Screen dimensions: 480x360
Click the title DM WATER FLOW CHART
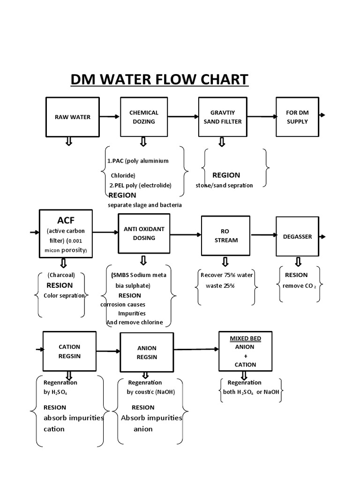(159, 79)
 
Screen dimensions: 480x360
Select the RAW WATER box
(72, 117)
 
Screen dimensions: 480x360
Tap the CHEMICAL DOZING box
(143, 117)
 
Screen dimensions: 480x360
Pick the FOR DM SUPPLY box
(297, 117)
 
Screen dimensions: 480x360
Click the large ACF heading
(66, 220)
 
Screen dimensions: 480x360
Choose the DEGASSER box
(297, 237)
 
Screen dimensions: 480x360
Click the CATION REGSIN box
(69, 351)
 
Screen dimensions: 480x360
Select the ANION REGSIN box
(146, 352)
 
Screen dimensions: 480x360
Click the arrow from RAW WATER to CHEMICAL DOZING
(110, 117)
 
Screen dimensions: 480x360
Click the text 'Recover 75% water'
(226, 275)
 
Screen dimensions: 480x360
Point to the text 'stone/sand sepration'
(224, 185)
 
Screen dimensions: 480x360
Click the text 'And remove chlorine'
(135, 322)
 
